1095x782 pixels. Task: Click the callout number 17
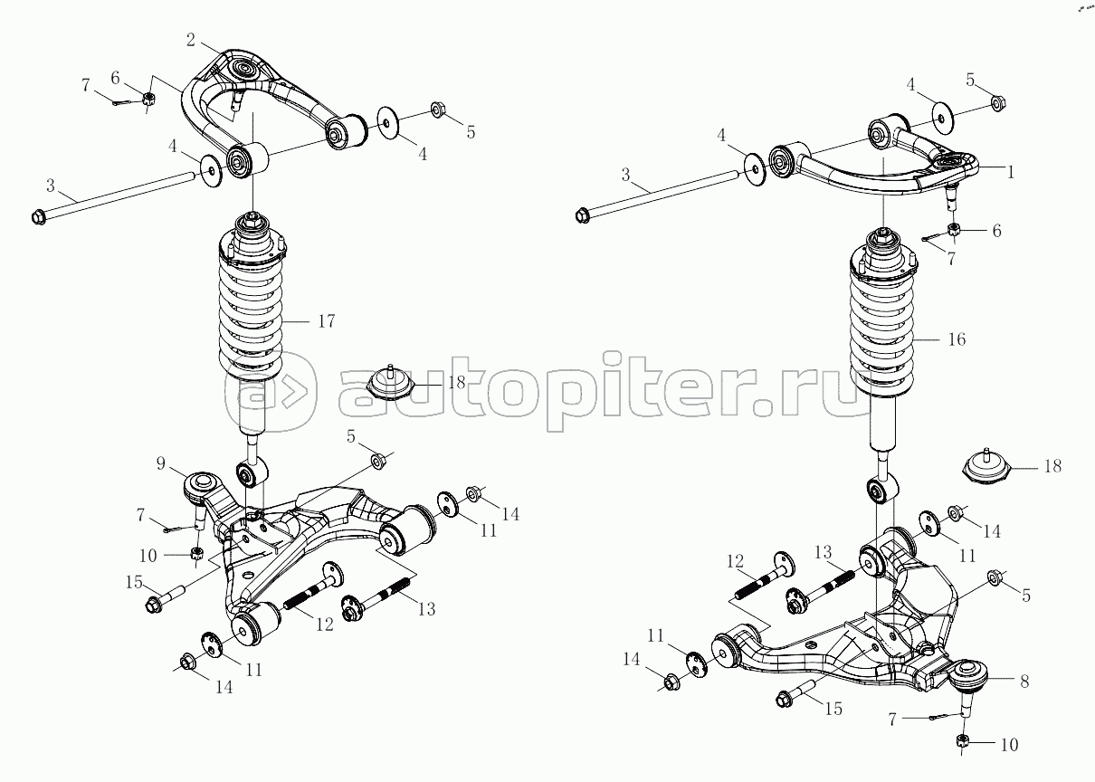[327, 321]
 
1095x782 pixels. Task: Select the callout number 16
[957, 339]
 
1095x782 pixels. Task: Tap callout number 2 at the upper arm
[191, 40]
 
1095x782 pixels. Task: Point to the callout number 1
[1011, 172]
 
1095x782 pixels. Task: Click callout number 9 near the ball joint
[161, 463]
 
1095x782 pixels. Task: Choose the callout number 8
[1024, 682]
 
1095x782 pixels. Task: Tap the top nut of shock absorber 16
[883, 239]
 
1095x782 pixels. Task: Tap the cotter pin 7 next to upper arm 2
[122, 103]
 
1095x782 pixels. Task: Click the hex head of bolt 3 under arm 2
[38, 216]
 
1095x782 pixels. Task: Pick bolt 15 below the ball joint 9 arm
[165, 599]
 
